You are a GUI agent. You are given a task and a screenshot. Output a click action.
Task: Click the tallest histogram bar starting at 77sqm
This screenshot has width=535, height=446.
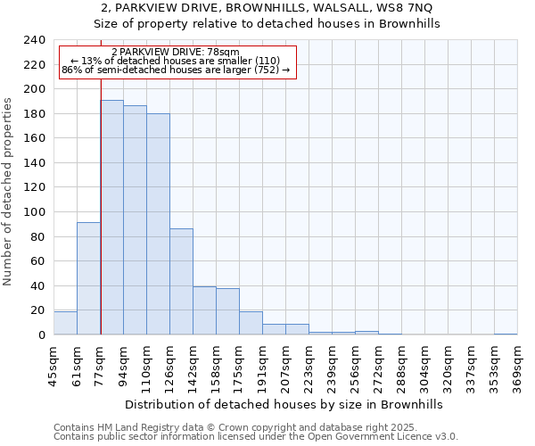pyautogui.click(x=111, y=218)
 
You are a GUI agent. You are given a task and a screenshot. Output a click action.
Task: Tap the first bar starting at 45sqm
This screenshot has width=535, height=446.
pyautogui.click(x=65, y=323)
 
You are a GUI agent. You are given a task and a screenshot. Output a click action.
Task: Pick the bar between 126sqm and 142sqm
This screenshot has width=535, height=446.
pyautogui.click(x=181, y=282)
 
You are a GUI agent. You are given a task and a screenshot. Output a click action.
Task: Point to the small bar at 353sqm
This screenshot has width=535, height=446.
pyautogui.click(x=506, y=334)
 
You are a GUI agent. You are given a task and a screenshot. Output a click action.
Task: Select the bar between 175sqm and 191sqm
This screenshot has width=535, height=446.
pyautogui.click(x=251, y=323)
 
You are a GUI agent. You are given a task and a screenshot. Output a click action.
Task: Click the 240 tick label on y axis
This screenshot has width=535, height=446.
pyautogui.click(x=34, y=40)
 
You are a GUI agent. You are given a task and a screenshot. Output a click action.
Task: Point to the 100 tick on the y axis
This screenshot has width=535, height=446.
pyautogui.click(x=34, y=212)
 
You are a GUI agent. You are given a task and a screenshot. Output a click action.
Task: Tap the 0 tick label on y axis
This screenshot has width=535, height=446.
pyautogui.click(x=41, y=335)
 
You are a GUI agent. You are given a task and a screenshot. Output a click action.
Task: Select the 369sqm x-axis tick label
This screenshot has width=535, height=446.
pyautogui.click(x=517, y=366)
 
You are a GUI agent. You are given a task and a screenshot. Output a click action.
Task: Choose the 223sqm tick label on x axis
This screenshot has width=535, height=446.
pyautogui.click(x=309, y=366)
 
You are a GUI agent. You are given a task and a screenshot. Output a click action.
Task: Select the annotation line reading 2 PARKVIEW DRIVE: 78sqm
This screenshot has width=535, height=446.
pyautogui.click(x=176, y=53)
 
